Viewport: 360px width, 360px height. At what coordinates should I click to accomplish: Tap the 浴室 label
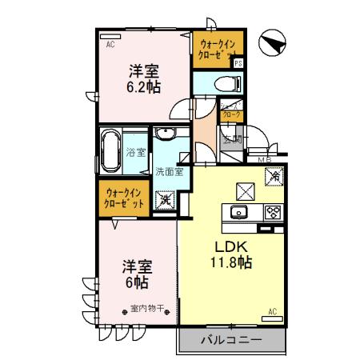click(x=137, y=151)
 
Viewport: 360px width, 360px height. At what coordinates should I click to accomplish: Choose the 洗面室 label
click(x=169, y=170)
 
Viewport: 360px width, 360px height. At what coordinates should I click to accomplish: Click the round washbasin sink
click(x=167, y=134)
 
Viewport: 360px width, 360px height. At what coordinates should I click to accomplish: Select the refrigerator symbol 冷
click(x=274, y=174)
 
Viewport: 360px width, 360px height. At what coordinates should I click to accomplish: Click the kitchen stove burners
click(x=272, y=212)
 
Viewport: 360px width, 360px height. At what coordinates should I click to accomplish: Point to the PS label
click(x=238, y=63)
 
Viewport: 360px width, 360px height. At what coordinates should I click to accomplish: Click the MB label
click(x=264, y=158)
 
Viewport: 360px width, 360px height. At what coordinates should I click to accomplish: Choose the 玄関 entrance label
click(x=233, y=139)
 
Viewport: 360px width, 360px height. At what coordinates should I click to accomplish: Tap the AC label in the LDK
click(x=272, y=310)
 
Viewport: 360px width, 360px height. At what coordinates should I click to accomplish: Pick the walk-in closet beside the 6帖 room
click(x=124, y=198)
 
